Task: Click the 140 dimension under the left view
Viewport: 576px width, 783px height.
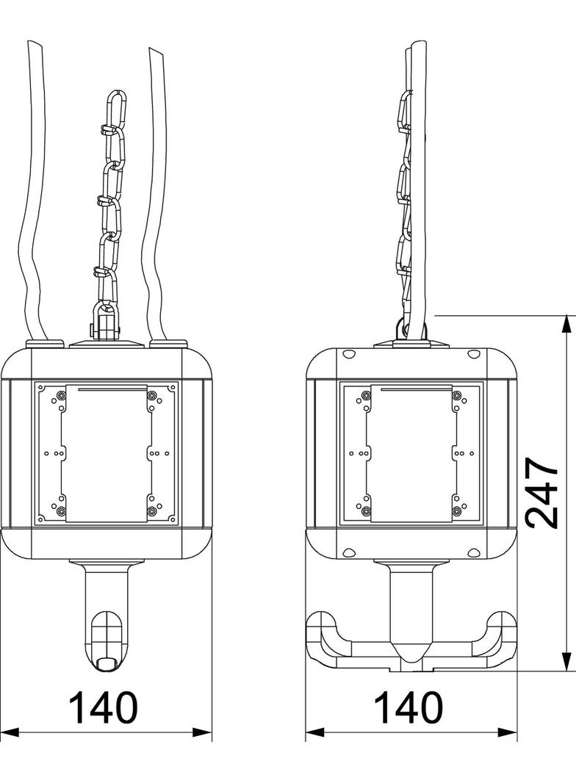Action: (103, 707)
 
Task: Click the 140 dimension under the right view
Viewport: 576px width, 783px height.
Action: (408, 707)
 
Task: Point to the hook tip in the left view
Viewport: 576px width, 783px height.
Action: (107, 663)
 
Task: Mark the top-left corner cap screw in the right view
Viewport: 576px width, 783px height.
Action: (348, 356)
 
